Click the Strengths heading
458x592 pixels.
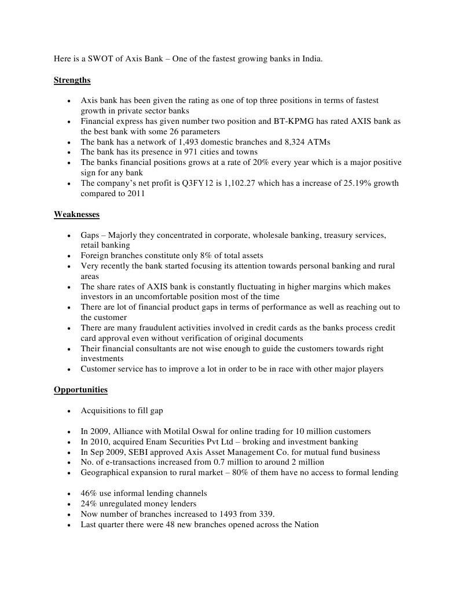(x=72, y=80)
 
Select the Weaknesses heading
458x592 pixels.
(x=76, y=214)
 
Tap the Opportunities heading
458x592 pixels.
(x=80, y=389)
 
